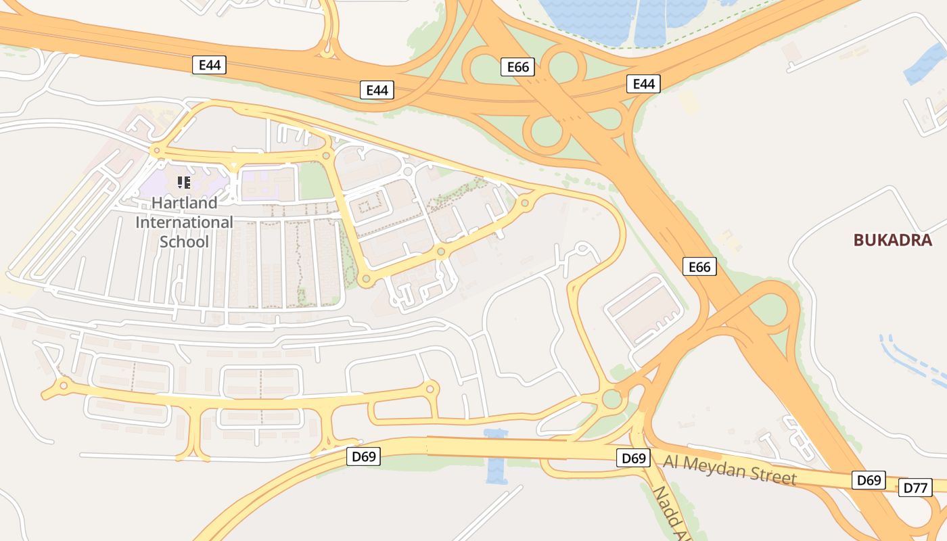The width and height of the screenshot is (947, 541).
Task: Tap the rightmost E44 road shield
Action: point(643,84)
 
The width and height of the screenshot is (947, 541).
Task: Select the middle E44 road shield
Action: point(377,90)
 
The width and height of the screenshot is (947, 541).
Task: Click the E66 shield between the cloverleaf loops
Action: point(518,66)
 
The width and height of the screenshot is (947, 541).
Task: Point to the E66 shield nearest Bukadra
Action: point(699,267)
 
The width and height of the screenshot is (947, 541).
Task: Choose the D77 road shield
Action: point(915,487)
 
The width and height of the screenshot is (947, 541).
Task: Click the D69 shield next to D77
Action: point(869,480)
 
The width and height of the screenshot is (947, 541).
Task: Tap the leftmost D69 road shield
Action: point(364,456)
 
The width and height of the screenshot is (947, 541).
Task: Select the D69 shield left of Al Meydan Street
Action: point(634,458)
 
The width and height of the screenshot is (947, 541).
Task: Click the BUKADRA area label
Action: point(892,240)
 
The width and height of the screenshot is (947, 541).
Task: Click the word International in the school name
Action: point(184,222)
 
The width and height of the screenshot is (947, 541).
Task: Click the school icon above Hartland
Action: point(184,182)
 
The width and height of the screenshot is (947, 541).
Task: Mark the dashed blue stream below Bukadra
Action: point(913,362)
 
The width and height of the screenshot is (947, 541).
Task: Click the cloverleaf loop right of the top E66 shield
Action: point(562,66)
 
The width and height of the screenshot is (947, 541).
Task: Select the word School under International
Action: point(184,241)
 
